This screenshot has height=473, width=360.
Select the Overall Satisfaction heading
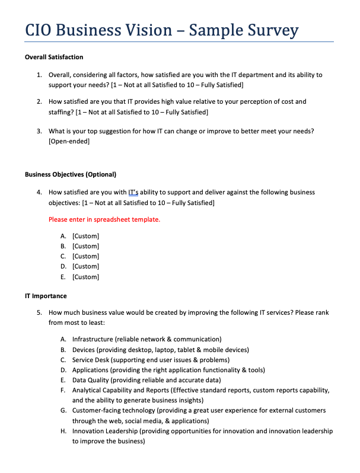(x=54, y=57)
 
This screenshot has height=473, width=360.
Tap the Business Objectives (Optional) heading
(x=71, y=174)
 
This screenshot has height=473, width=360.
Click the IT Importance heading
(x=46, y=296)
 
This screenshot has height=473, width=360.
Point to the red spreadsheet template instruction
(x=104, y=219)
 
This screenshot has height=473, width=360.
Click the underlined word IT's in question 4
(x=135, y=192)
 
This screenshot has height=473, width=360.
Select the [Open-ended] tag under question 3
(x=69, y=141)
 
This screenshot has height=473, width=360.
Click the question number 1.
(x=39, y=75)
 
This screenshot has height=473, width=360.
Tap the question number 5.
(x=39, y=312)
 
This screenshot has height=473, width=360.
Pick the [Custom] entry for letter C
(x=85, y=256)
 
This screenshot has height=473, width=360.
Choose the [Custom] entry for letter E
(x=85, y=277)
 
